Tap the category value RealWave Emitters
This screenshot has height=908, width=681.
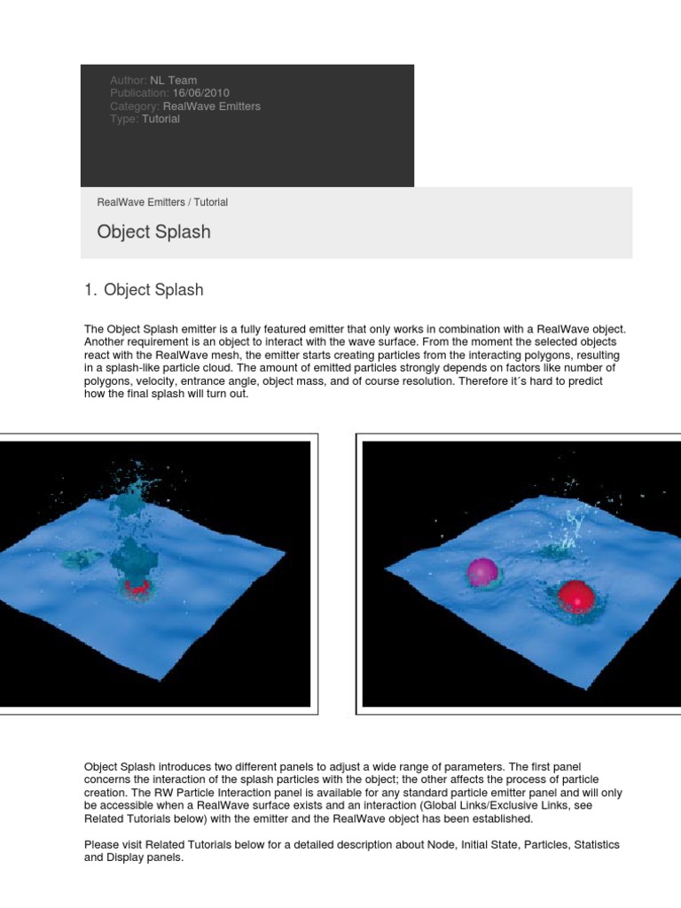coord(212,106)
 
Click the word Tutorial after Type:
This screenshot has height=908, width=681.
coord(160,119)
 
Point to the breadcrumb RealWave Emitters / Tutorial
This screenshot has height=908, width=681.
coord(162,202)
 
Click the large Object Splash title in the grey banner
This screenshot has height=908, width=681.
coord(153,232)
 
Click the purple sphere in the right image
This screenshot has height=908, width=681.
coord(484,572)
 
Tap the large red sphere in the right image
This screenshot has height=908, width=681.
coord(575,597)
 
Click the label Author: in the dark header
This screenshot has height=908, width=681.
coord(129,81)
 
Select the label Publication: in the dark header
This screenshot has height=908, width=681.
coord(139,93)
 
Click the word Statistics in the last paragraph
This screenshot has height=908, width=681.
coord(592,845)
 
